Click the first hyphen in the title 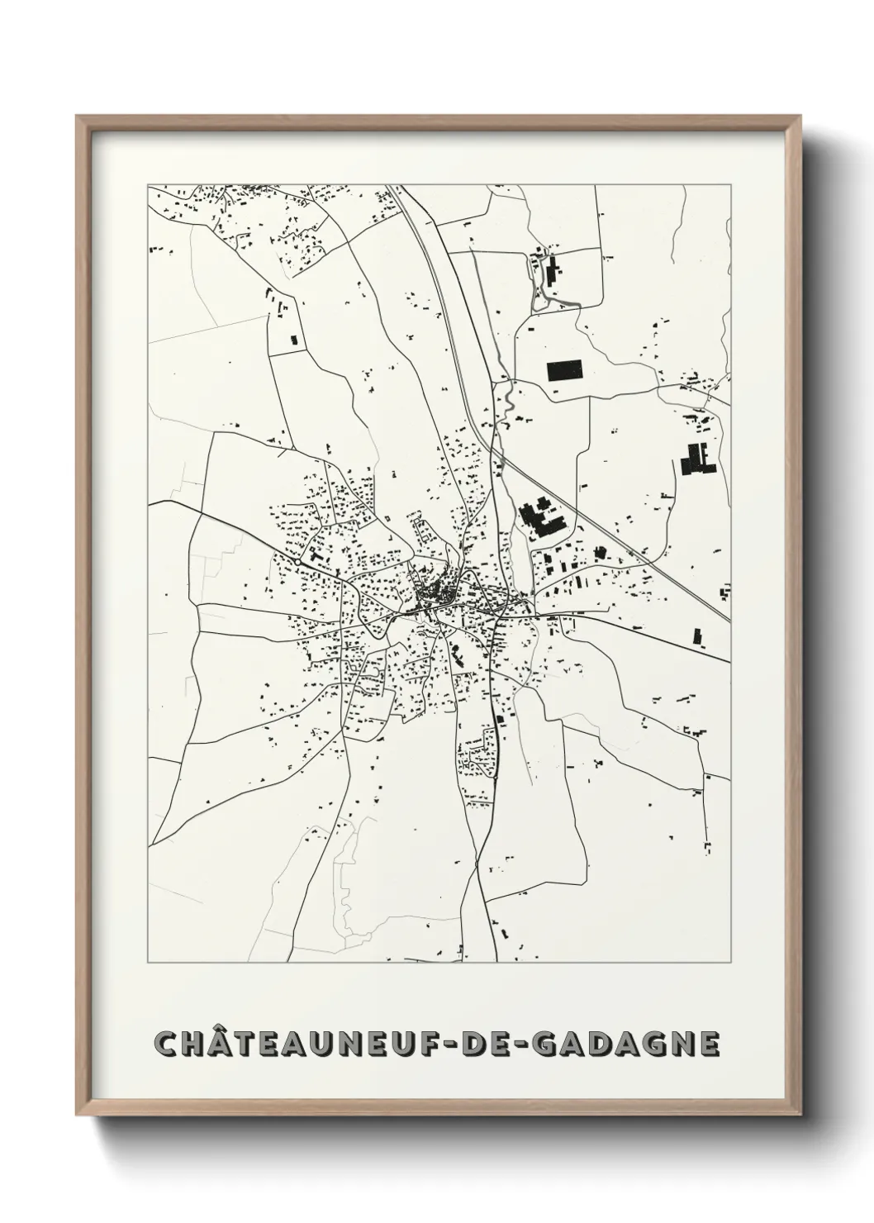point(471,1045)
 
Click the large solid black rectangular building point(564,370)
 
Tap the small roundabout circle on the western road point(297,561)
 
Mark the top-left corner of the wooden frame point(78,117)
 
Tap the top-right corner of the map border point(731,184)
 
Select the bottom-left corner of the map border point(148,963)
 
